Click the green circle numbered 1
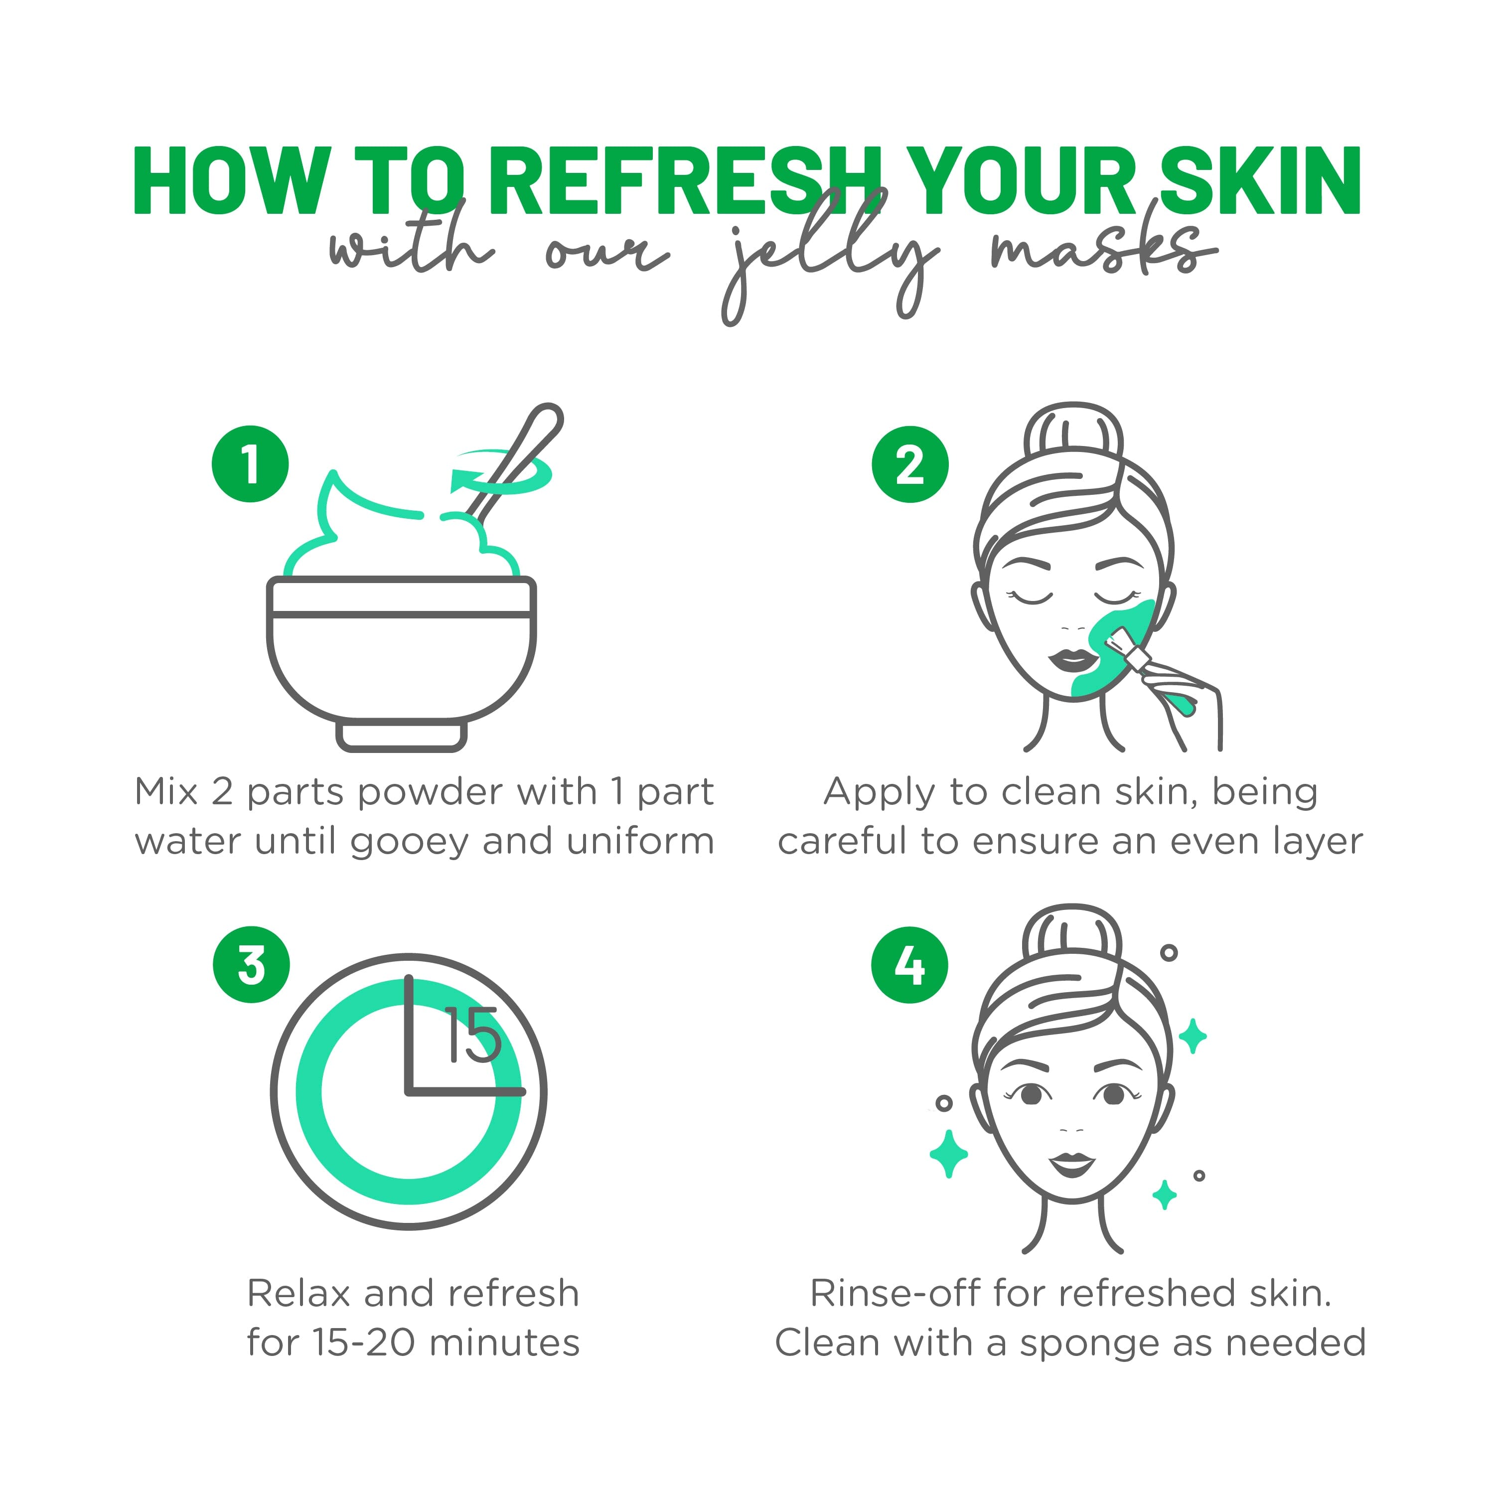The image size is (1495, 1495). pos(250,464)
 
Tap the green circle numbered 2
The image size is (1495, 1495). pos(910,464)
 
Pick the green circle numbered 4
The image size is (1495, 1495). pos(910,965)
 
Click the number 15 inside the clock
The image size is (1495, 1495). pos(472,1036)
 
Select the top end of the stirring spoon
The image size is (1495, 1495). pos(547,419)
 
